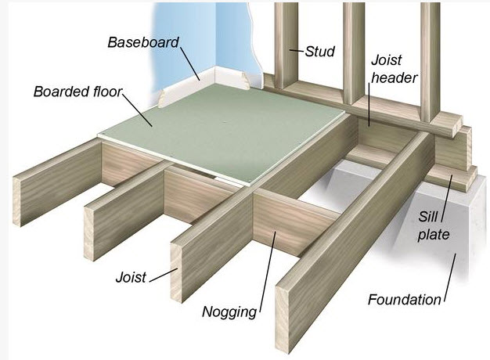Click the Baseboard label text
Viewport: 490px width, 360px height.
tap(143, 41)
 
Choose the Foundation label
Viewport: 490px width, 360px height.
tap(405, 298)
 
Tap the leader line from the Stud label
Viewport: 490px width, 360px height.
tap(297, 52)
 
